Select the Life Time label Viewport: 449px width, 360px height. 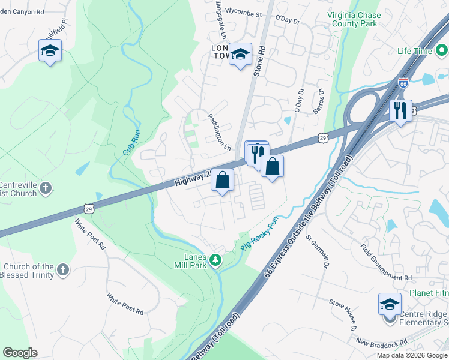[415, 51]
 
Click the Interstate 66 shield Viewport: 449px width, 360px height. [403, 85]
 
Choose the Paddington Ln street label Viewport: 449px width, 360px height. [219, 132]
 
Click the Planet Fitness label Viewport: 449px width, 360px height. [429, 293]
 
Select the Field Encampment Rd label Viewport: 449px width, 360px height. [386, 262]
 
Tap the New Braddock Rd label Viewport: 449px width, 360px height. [381, 343]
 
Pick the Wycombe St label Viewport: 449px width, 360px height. [243, 13]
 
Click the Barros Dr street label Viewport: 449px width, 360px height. [318, 101]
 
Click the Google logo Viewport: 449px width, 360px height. [20, 353]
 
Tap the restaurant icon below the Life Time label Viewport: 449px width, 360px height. [400, 110]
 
